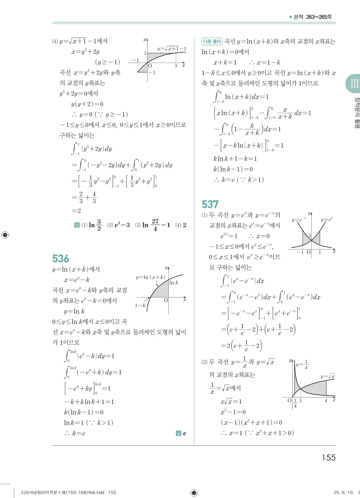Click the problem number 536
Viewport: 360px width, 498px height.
tap(61, 259)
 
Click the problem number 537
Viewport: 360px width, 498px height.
tap(210, 204)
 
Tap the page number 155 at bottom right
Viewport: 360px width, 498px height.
tap(329, 457)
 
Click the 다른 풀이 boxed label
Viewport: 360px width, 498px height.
tap(212, 42)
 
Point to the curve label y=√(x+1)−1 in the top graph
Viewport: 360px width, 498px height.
tap(172, 49)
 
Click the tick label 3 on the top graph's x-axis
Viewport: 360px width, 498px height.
tap(176, 66)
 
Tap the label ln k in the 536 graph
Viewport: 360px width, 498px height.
tap(174, 283)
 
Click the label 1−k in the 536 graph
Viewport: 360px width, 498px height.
tap(140, 305)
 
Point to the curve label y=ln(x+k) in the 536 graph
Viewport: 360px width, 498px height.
tap(150, 277)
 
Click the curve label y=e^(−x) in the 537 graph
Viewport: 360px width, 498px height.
tap(299, 220)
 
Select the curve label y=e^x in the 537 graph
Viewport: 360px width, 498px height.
tap(327, 220)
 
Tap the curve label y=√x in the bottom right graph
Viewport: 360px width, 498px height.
tap(327, 376)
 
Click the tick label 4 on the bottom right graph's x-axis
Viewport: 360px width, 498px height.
tap(326, 401)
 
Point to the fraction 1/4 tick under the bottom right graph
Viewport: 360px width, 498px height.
tap(295, 403)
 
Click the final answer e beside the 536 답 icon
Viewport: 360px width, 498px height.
tap(185, 433)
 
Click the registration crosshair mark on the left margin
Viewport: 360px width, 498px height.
tap(5, 235)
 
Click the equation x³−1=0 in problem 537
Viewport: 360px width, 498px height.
tap(233, 412)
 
